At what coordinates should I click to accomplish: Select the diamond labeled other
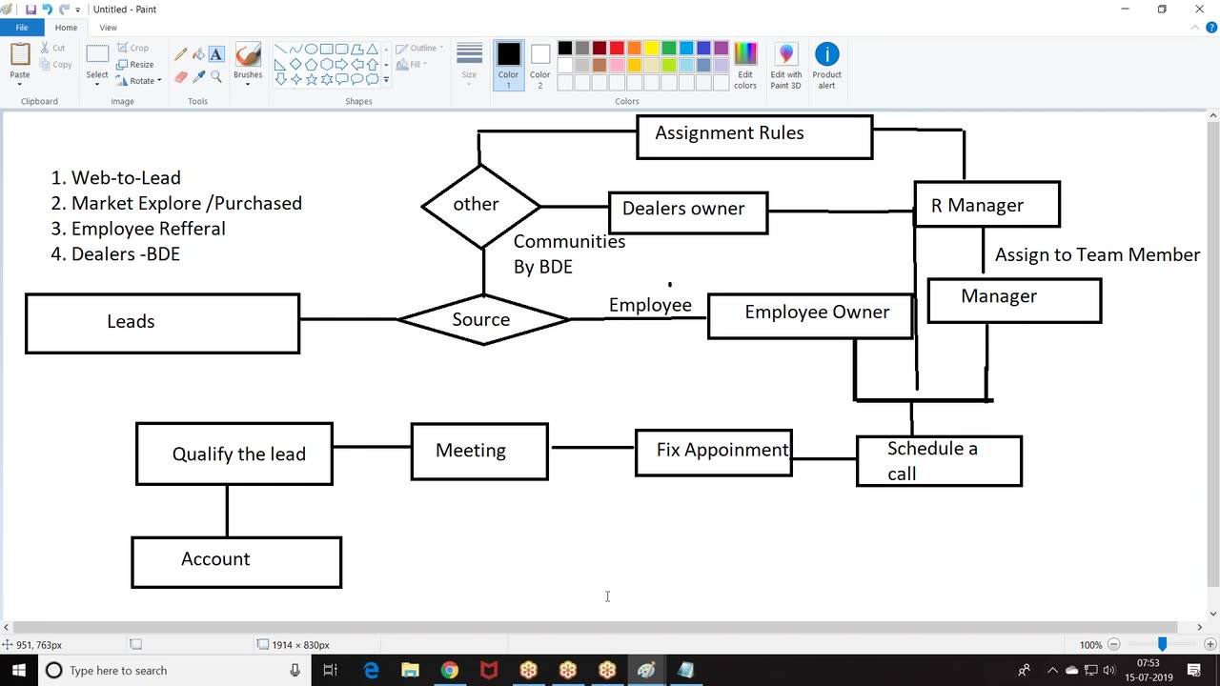pyautogui.click(x=480, y=206)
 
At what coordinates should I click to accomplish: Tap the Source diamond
pyautogui.click(x=483, y=320)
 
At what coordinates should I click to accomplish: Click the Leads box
pyautogui.click(x=162, y=324)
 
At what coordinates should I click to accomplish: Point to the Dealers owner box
pyautogui.click(x=687, y=212)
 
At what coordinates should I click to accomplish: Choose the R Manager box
pyautogui.click(x=986, y=205)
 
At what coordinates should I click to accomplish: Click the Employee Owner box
pyautogui.click(x=810, y=315)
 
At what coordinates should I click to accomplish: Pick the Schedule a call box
pyautogui.click(x=939, y=461)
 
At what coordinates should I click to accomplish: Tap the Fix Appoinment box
pyautogui.click(x=713, y=452)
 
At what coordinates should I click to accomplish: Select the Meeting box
pyautogui.click(x=479, y=452)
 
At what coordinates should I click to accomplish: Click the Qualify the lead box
pyautogui.click(x=234, y=454)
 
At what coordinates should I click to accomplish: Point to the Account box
pyautogui.click(x=236, y=562)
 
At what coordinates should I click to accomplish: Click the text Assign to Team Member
pyautogui.click(x=1097, y=255)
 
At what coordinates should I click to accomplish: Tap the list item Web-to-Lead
pyautogui.click(x=125, y=178)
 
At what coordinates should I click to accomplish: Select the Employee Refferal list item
pyautogui.click(x=148, y=229)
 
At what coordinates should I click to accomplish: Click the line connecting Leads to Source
pyautogui.click(x=348, y=319)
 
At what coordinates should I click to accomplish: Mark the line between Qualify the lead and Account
pyautogui.click(x=227, y=511)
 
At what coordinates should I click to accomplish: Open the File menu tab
pyautogui.click(x=21, y=28)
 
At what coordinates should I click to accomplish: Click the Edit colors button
pyautogui.click(x=745, y=66)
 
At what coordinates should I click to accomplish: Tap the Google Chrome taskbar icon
pyautogui.click(x=449, y=671)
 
